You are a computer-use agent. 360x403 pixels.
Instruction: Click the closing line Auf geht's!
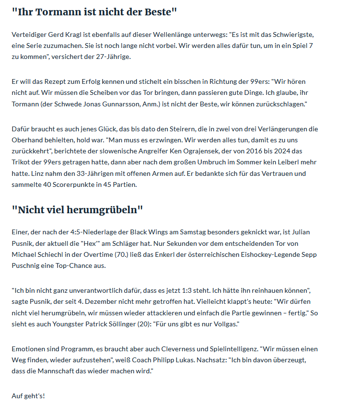[28, 396]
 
